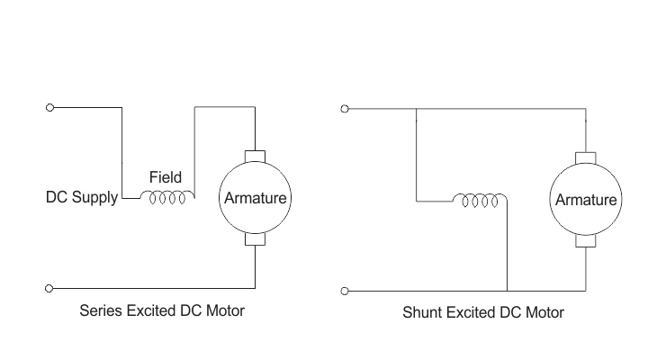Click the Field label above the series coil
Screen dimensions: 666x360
[x=166, y=177]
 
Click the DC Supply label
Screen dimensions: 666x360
[x=82, y=197]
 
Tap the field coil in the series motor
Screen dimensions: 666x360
[x=167, y=198]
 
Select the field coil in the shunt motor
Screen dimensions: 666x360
[x=480, y=201]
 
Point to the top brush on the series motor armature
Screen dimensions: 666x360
[x=255, y=157]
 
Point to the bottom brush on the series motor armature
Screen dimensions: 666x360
[x=255, y=239]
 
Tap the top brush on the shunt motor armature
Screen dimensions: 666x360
[x=586, y=157]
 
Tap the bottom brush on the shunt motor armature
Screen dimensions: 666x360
[x=586, y=241]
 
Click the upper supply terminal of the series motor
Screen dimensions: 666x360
[x=49, y=108]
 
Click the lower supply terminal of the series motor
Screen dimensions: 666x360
[x=49, y=289]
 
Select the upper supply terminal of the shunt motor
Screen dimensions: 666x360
[x=345, y=109]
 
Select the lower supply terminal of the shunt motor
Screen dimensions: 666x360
[x=345, y=292]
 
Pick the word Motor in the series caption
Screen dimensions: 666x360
[x=225, y=310]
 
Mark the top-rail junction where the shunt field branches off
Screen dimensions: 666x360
[x=416, y=109]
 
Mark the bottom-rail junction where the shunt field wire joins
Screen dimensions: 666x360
[x=507, y=292]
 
